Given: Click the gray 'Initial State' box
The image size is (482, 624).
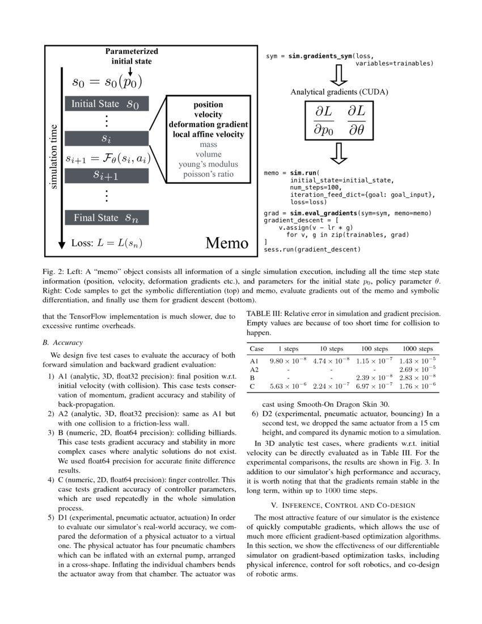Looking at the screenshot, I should click(x=105, y=104).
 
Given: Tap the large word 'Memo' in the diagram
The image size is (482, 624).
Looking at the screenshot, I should click(x=226, y=243).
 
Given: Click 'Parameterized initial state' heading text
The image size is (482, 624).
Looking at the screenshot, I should click(x=132, y=56).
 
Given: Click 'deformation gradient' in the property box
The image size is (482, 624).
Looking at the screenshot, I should click(x=208, y=124).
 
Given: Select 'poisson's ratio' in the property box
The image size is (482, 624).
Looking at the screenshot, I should click(x=208, y=174).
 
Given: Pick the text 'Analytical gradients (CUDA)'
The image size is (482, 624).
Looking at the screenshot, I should click(x=340, y=92).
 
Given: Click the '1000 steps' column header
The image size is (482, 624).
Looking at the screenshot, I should click(x=417, y=348).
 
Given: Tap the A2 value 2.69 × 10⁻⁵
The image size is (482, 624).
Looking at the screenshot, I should click(x=417, y=369).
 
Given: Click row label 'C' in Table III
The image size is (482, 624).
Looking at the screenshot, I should click(x=252, y=387).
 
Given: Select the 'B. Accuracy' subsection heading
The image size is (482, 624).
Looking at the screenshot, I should click(x=62, y=343).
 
